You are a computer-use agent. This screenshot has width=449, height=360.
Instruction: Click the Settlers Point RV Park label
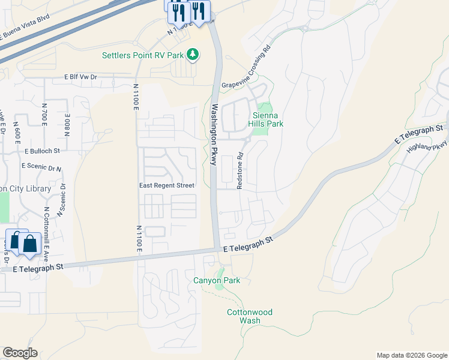143,56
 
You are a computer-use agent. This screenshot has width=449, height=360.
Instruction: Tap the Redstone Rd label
240,171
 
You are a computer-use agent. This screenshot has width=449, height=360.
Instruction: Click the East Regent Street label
167,185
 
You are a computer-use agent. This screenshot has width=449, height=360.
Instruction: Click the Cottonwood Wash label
250,316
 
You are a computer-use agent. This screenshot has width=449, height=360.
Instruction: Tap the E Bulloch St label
43,151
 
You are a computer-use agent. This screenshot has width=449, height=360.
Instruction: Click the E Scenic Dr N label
41,166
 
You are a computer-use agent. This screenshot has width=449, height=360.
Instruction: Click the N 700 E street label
44,114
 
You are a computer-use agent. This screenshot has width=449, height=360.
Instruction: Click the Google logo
20,353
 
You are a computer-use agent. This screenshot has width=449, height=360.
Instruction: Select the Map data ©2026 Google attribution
411,355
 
